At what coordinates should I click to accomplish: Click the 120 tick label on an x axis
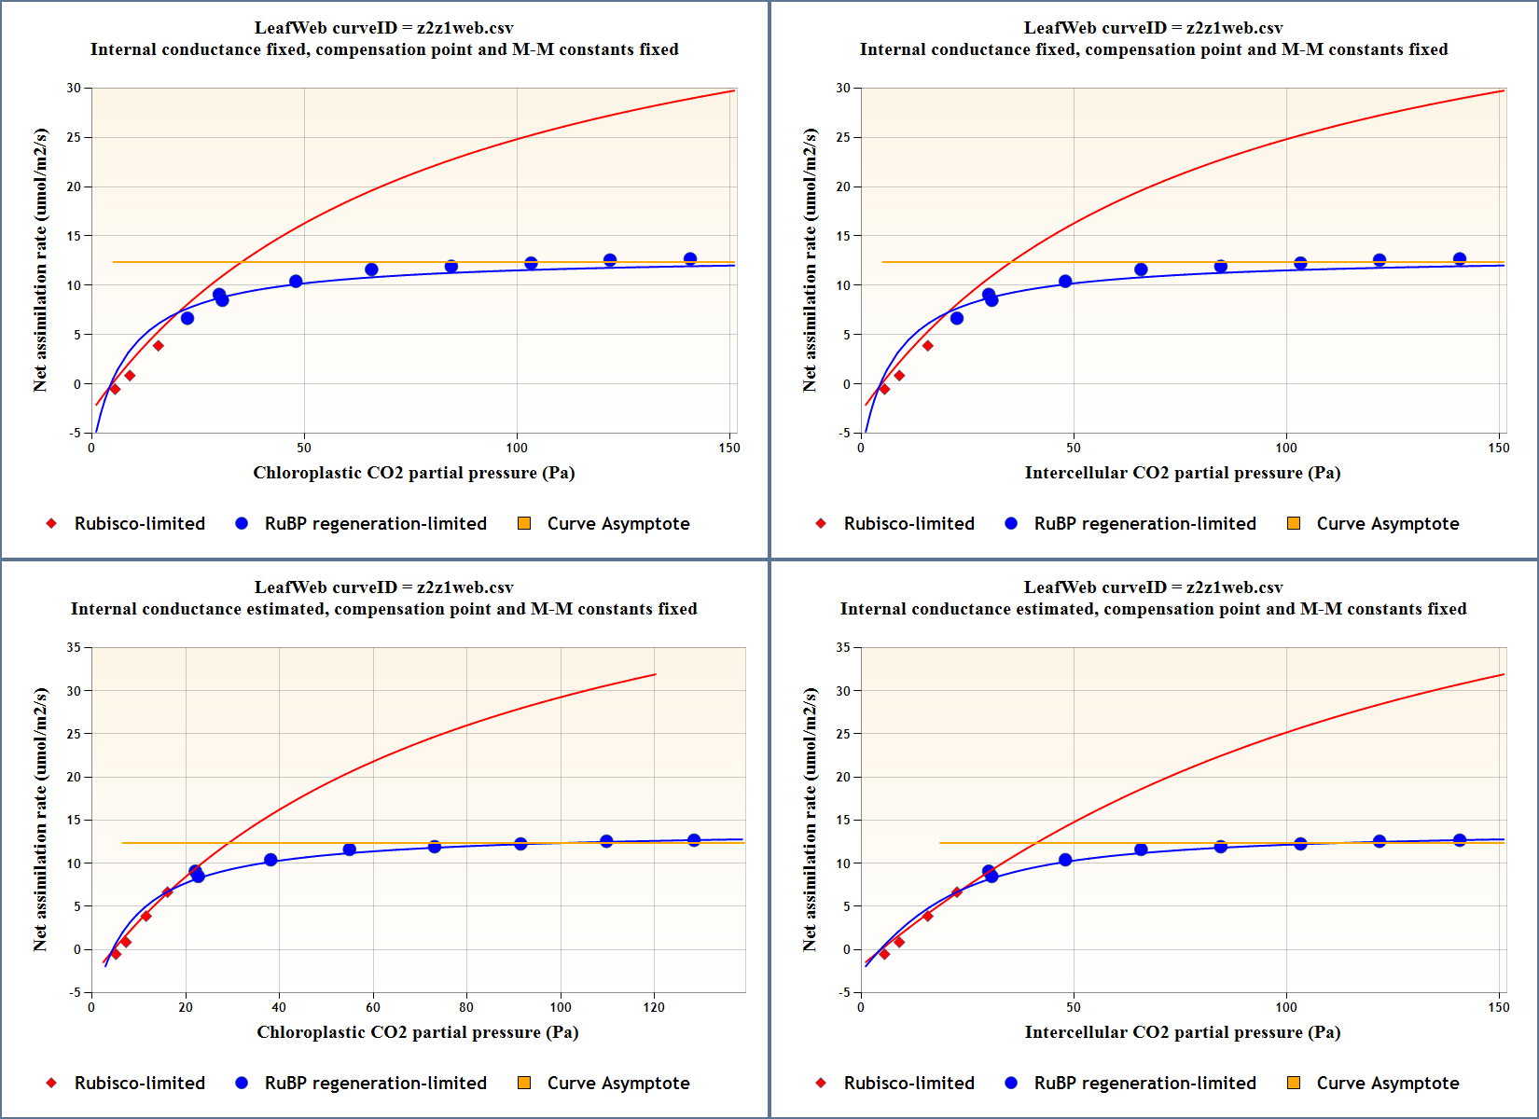[x=654, y=1007]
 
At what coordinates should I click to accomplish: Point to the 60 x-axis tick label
[x=373, y=1007]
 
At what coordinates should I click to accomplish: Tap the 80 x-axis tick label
[x=466, y=1007]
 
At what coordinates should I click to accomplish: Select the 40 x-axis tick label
[x=279, y=1007]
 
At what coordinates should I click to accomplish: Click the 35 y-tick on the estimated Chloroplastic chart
[x=74, y=647]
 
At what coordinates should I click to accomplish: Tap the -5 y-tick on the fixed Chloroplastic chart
[x=74, y=433]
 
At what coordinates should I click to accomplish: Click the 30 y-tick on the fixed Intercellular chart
[x=843, y=88]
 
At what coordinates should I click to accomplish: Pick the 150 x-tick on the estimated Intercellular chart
[x=1499, y=1007]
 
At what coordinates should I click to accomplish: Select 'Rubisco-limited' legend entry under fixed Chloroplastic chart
[x=139, y=524]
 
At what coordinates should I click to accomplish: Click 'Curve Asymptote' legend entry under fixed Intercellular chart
[x=1387, y=524]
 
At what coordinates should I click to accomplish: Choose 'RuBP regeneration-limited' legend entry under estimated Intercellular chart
[x=1144, y=1084]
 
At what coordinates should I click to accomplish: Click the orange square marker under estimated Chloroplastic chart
[x=524, y=1083]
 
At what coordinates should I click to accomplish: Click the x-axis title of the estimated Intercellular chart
[x=1182, y=1032]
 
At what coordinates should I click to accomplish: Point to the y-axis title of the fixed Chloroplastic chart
[x=40, y=260]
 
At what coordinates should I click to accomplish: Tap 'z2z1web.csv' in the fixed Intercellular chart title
[x=1234, y=28]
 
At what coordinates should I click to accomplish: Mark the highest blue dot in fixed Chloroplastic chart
[x=690, y=259]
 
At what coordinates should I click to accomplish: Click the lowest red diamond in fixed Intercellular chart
[x=884, y=389]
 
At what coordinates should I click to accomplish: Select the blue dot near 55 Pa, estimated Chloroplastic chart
[x=350, y=850]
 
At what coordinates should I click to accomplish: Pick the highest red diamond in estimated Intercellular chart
[x=956, y=892]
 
